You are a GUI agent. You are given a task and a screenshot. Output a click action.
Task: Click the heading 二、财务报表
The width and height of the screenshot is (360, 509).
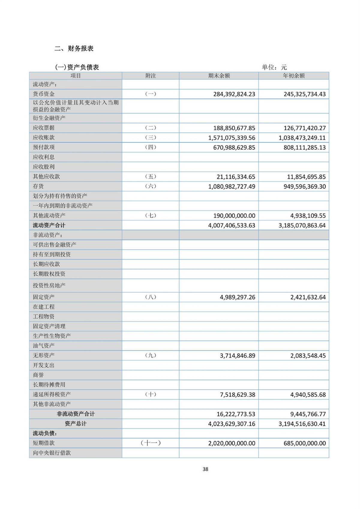click(x=74, y=49)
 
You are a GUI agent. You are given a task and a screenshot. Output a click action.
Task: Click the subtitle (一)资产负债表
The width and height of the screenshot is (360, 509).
click(x=77, y=67)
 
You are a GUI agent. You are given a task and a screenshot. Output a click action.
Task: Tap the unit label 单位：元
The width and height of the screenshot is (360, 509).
click(x=274, y=67)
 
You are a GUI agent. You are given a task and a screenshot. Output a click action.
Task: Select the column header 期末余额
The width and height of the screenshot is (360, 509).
click(x=219, y=76)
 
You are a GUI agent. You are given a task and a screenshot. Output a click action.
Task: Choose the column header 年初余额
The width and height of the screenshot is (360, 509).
click(x=294, y=76)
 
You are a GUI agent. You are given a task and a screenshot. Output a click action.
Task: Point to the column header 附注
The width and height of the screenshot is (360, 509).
click(x=150, y=76)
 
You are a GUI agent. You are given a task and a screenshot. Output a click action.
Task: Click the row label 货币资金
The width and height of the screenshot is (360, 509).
click(x=44, y=94)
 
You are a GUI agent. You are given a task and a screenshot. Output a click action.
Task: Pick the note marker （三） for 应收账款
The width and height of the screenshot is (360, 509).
click(x=150, y=137)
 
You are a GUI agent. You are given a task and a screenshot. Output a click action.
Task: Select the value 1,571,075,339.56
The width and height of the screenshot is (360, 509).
click(x=232, y=138)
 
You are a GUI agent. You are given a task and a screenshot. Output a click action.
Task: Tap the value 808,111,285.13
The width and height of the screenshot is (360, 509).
click(x=304, y=147)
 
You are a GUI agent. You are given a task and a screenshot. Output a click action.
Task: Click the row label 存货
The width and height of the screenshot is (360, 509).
click(x=38, y=186)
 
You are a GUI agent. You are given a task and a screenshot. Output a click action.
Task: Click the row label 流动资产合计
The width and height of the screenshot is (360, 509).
click(x=49, y=225)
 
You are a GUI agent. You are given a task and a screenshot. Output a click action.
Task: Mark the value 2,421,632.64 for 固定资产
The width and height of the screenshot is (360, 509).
click(x=308, y=297)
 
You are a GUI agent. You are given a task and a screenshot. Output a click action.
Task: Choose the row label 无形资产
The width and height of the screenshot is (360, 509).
click(x=44, y=355)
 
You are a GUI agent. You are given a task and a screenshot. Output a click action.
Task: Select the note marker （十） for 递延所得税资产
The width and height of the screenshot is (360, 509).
click(x=150, y=394)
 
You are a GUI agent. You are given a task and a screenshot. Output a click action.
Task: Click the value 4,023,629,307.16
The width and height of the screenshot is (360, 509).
click(x=232, y=424)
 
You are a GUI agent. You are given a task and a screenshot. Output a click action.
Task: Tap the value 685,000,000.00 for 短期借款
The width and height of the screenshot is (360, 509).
click(x=304, y=443)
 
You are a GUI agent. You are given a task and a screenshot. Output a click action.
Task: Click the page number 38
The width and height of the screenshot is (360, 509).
click(x=205, y=469)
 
